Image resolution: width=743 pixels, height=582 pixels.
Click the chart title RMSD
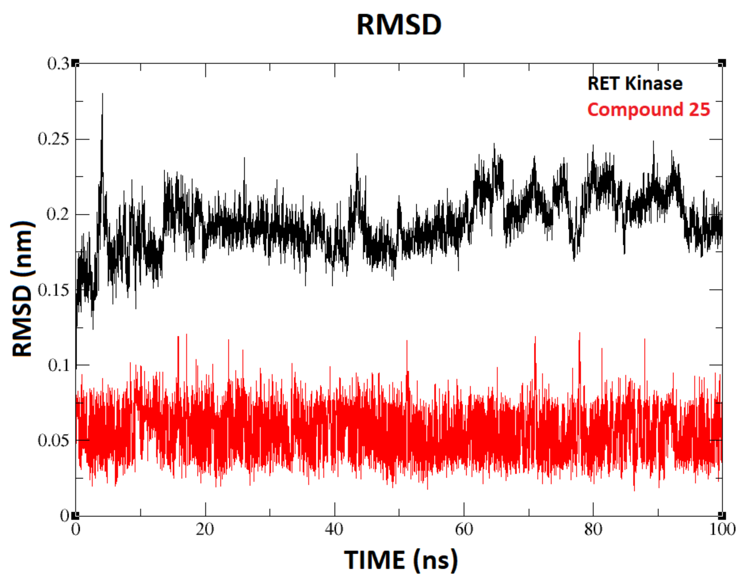(x=399, y=25)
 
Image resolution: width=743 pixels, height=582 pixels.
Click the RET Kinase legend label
(x=635, y=83)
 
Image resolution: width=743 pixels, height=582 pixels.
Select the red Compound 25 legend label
(x=648, y=110)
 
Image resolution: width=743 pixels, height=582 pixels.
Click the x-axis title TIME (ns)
(x=401, y=559)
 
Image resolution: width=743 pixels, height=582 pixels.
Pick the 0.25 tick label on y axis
(x=53, y=139)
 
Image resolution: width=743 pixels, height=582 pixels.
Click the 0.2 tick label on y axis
(x=57, y=214)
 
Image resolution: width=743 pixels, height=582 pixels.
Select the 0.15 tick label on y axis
(x=53, y=290)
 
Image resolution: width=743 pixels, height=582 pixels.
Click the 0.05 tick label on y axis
(x=53, y=441)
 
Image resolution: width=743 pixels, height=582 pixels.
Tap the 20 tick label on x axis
(x=205, y=529)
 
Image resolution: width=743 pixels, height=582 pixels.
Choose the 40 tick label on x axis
(x=334, y=529)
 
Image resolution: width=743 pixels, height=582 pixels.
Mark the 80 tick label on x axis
(x=593, y=529)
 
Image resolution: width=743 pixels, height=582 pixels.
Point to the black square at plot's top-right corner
(x=722, y=63)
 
